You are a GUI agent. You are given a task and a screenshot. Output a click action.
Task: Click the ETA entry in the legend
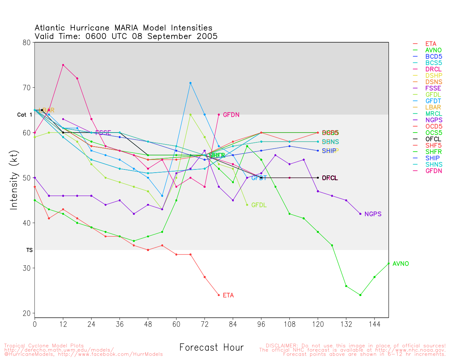point(431,44)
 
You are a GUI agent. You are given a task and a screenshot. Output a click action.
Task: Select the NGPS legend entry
point(433,120)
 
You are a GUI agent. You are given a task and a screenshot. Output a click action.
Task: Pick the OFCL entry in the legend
point(433,139)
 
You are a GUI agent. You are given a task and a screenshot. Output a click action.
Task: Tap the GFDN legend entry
point(433,171)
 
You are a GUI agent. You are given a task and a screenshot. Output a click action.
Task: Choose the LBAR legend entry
point(433,108)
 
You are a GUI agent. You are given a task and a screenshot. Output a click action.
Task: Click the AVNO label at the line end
point(400,264)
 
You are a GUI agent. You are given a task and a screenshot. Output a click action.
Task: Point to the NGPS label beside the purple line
point(373,214)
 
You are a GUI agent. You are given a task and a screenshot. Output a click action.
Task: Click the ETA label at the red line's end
point(228,295)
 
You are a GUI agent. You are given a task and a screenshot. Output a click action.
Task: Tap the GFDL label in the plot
point(259,205)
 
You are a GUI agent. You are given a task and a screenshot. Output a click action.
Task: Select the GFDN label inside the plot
point(231,115)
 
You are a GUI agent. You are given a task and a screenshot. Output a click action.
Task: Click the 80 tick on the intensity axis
point(27,43)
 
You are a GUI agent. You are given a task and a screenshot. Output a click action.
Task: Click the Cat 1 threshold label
point(24,115)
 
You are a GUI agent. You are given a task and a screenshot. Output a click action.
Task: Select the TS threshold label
point(29,250)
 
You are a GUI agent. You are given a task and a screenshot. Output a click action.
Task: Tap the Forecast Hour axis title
point(211,348)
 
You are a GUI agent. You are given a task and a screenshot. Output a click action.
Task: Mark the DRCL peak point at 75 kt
point(63,65)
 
